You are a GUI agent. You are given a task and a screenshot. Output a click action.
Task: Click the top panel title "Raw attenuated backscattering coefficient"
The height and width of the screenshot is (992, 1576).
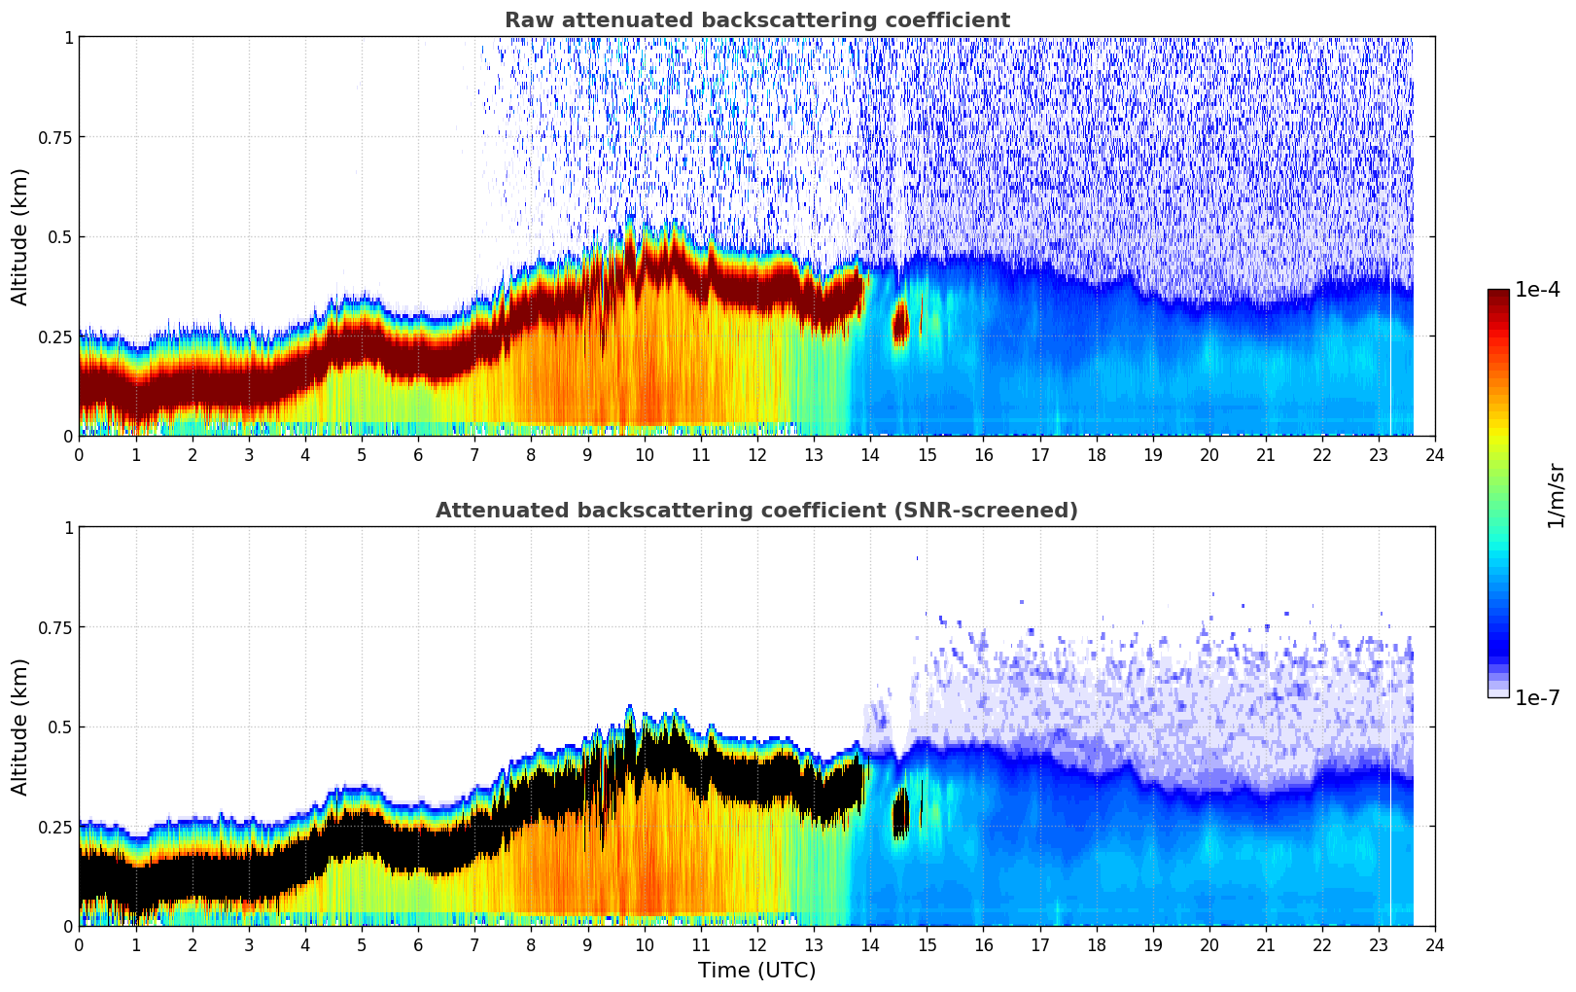(x=756, y=20)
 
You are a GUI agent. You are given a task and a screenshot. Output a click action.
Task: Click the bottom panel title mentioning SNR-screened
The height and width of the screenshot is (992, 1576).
(x=756, y=511)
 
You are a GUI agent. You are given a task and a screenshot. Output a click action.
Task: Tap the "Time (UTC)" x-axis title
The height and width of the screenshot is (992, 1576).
(x=756, y=971)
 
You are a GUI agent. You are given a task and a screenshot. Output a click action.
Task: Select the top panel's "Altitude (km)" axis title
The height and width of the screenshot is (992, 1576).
(x=20, y=236)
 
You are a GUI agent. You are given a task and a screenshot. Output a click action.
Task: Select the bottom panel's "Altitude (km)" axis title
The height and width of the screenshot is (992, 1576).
(x=20, y=726)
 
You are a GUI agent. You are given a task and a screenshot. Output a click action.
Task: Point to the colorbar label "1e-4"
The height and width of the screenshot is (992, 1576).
(x=1537, y=290)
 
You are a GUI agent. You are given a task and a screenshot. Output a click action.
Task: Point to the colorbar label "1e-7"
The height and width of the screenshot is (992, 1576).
(x=1537, y=697)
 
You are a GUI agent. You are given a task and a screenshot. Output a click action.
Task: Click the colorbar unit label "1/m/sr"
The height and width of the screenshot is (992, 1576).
(x=1556, y=494)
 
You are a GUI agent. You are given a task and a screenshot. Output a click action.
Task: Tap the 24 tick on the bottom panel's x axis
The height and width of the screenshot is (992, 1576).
(x=1435, y=944)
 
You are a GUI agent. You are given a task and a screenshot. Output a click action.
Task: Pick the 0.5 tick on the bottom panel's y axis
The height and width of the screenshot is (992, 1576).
(x=61, y=726)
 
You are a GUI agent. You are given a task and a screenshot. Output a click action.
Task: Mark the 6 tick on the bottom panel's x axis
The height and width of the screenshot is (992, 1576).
(x=418, y=944)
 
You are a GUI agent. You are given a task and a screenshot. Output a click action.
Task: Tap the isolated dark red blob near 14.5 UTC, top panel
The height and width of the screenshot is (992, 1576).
(x=900, y=322)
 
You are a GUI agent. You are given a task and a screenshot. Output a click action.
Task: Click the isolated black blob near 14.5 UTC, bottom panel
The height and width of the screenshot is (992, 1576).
(x=900, y=813)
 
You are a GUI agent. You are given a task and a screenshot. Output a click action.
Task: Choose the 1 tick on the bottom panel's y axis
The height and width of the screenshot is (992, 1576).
(x=68, y=528)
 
